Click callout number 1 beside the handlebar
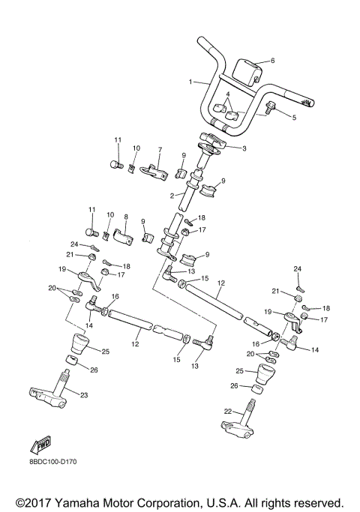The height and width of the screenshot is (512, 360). tap(190, 81)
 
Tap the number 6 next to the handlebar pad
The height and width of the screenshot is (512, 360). tap(272, 61)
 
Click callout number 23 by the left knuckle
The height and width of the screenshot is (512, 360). tap(84, 395)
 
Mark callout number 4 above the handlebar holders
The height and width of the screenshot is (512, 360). tap(227, 94)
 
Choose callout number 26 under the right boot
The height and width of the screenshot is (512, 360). tap(233, 386)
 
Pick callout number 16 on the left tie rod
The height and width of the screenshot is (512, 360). tap(115, 297)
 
